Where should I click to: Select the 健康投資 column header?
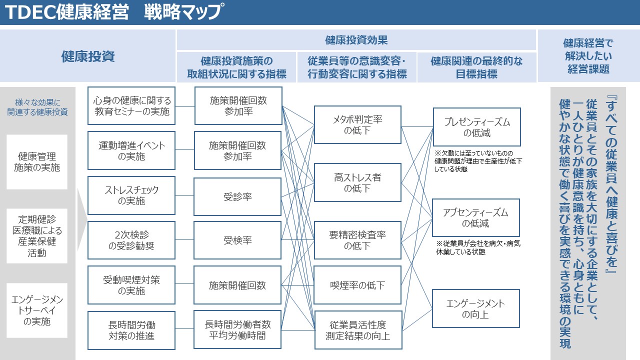87,56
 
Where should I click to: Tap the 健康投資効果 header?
356,40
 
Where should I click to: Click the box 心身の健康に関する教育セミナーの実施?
131,105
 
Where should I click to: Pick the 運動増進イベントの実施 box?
131,150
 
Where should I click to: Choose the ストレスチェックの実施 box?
131,195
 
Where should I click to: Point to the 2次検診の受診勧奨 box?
131,240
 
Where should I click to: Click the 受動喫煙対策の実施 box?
131,285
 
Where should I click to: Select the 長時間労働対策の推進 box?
131,330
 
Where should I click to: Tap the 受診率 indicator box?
237,196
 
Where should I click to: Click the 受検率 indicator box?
237,240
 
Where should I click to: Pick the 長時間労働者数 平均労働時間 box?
237,329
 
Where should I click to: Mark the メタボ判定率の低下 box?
357,125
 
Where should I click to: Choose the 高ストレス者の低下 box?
357,182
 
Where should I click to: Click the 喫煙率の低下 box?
357,285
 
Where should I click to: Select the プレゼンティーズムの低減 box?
477,127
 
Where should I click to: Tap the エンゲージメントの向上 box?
475,308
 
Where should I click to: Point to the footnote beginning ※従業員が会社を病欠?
478,247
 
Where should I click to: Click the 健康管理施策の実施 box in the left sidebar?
37,162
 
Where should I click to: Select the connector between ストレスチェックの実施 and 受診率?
184,195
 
